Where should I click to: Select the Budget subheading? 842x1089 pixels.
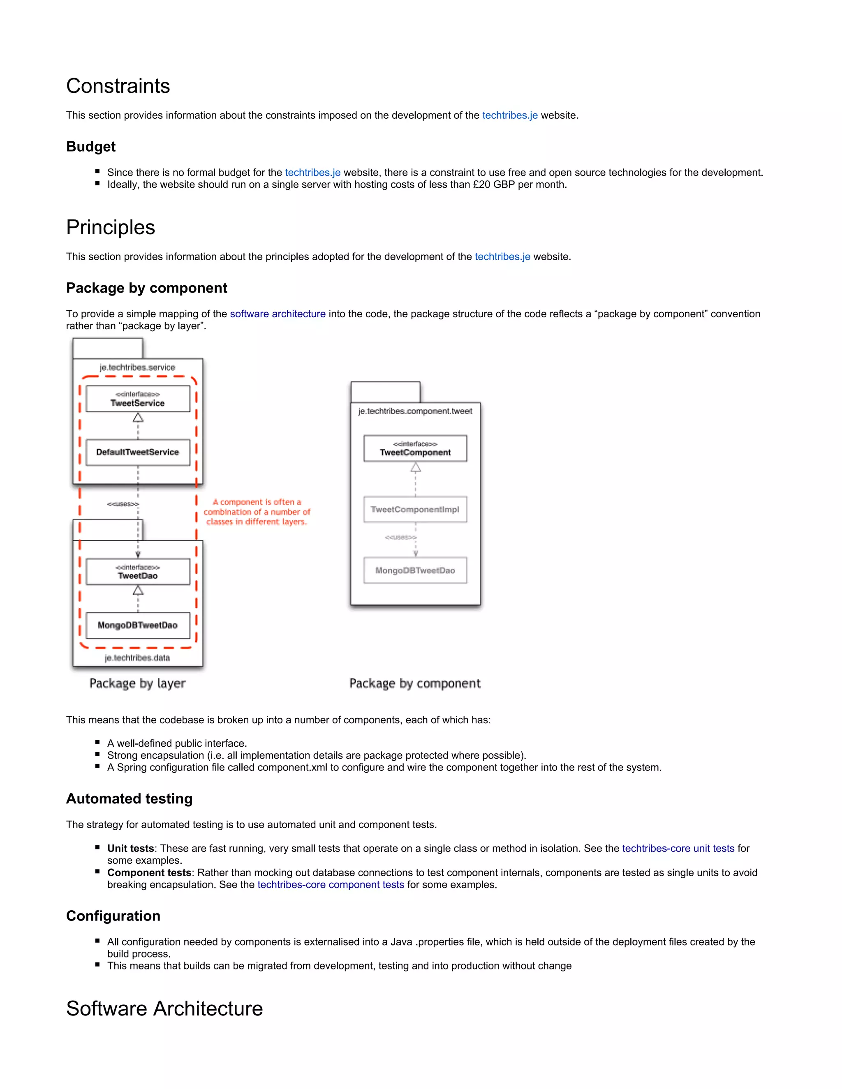tap(91, 147)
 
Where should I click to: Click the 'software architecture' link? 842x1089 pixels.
tap(278, 314)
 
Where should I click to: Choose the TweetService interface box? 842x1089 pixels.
tap(138, 399)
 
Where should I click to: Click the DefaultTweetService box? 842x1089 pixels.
tap(138, 452)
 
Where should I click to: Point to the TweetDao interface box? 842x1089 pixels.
tap(138, 572)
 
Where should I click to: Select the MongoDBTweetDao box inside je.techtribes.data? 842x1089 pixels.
tap(138, 625)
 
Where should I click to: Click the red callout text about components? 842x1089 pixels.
tap(257, 512)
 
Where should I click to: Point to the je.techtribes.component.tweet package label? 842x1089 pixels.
tap(415, 411)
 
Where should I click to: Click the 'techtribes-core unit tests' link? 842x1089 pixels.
tap(678, 848)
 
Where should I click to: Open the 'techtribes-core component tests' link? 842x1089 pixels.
tap(330, 885)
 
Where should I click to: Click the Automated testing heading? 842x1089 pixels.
tap(129, 799)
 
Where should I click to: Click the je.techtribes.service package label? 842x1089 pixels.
tap(137, 367)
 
